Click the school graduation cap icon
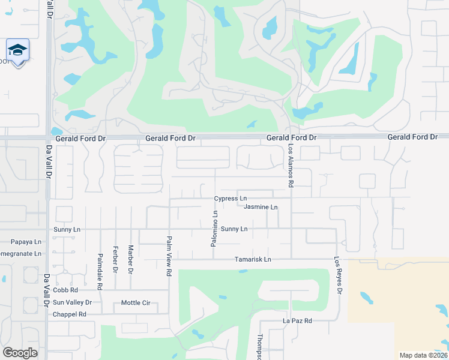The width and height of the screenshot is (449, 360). click(17, 50)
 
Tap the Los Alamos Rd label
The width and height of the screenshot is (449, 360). click(291, 166)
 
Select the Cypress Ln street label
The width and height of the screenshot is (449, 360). click(231, 199)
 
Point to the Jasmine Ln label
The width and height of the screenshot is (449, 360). click(261, 208)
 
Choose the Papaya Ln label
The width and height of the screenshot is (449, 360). click(26, 242)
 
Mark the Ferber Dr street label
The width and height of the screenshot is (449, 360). click(115, 259)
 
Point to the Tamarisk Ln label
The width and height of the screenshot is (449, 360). click(253, 260)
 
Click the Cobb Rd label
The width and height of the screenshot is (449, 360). click(66, 290)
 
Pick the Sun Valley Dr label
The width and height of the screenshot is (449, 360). click(72, 302)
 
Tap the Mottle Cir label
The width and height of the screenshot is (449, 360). click(136, 303)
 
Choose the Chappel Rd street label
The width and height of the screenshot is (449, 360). click(70, 314)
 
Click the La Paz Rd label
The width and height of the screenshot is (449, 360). click(298, 321)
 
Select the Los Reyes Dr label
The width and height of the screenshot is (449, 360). click(339, 276)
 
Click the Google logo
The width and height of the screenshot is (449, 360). click(20, 353)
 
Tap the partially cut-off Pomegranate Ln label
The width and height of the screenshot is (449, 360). click(21, 254)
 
